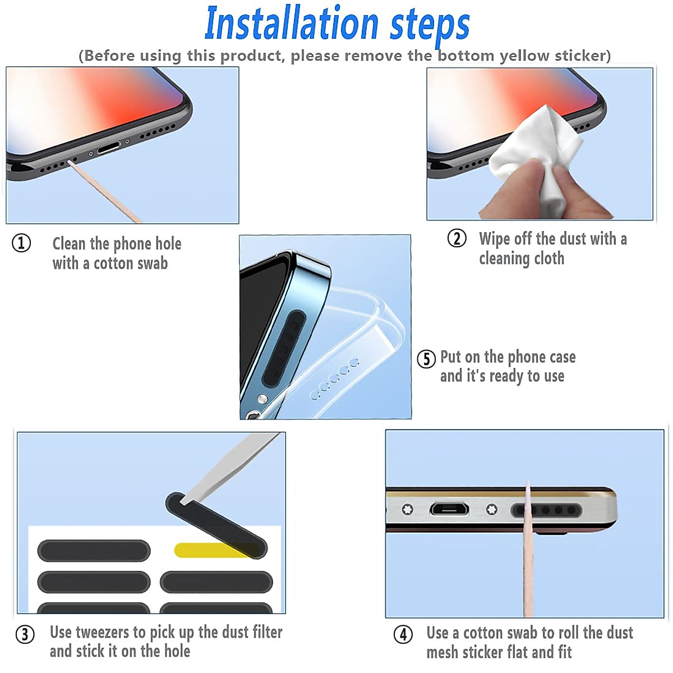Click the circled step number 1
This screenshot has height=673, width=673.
pos(21,243)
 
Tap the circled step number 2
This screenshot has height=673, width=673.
pos(457,238)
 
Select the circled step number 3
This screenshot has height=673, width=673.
pos(25,634)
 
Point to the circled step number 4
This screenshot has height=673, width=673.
pos(403,634)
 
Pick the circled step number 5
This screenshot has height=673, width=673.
pos(426,359)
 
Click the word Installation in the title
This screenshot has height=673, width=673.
pos(292,24)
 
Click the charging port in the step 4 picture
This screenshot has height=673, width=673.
pos(449,510)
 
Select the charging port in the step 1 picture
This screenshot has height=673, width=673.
pos(109,148)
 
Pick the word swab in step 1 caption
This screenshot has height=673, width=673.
pos(153,264)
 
